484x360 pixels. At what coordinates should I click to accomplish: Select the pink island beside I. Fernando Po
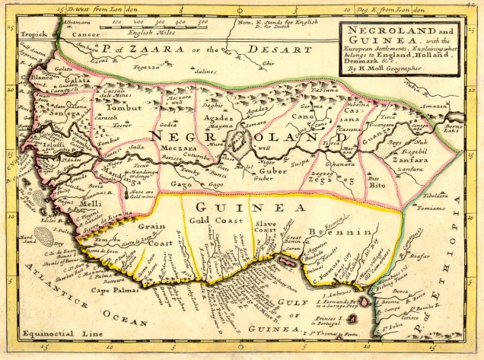[365, 302]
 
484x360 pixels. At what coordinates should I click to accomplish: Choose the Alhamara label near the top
[59, 24]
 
